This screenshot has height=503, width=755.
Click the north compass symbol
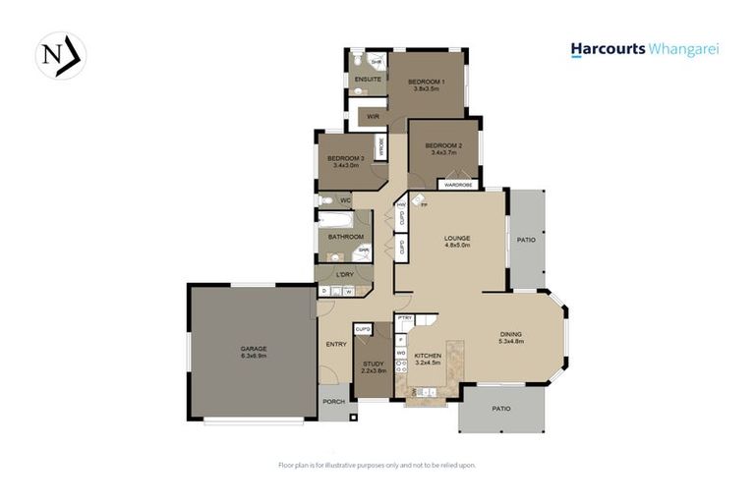61,56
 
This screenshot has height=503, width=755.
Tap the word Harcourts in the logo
608,49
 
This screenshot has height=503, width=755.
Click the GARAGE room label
254,349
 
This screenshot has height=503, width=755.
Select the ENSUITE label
369,79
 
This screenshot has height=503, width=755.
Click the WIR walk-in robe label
373,117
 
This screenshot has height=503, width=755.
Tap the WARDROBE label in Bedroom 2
458,185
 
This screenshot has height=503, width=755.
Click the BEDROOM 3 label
346,158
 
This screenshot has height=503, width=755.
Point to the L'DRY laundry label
344,274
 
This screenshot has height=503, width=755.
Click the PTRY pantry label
404,319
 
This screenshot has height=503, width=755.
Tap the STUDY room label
373,363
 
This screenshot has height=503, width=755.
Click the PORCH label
333,400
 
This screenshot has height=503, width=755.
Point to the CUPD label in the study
363,329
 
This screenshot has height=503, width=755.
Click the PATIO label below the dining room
501,408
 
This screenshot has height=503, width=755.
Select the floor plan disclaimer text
377,465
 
